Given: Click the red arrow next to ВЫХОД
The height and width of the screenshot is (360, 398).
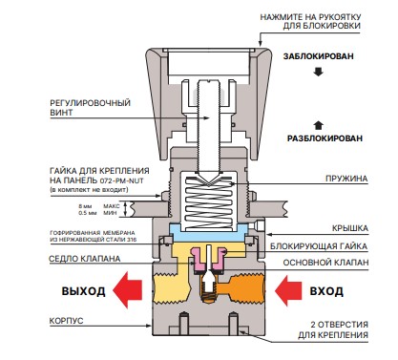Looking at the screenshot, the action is tap(127, 290).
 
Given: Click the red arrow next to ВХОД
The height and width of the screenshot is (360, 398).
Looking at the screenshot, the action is tap(288, 290).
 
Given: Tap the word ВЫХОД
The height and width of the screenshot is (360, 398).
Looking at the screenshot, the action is tap(83, 291).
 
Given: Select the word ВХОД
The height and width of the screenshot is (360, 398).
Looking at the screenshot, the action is tap(326, 291).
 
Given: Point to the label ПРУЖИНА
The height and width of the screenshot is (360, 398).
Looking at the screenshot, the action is tap(346, 179).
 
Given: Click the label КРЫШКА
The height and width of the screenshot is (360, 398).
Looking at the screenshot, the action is tap(350, 228).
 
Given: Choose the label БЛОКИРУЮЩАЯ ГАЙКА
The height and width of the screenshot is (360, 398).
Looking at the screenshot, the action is tap(319, 246).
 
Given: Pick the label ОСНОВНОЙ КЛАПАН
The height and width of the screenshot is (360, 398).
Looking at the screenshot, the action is tap(326, 263).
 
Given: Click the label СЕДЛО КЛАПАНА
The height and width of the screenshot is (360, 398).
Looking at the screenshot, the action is tap(85, 259).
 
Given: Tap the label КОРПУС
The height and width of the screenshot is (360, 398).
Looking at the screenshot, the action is tap(66, 321).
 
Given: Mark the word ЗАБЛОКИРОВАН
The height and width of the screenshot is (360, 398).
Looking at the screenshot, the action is tap(319, 56).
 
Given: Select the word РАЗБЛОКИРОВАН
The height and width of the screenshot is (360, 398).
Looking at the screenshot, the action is tap(325, 138).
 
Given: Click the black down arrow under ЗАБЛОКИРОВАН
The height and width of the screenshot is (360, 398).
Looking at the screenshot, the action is tap(318, 72).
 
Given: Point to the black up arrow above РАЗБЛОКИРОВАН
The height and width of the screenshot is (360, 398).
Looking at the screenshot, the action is tap(319, 125).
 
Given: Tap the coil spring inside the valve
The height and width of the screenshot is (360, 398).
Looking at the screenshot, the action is tap(209, 202).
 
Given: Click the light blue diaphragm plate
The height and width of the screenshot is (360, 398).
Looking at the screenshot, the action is tap(209, 233).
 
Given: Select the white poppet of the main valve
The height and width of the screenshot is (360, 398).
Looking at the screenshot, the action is tap(208, 280).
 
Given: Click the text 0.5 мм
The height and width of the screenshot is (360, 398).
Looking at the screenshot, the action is tap(88, 213).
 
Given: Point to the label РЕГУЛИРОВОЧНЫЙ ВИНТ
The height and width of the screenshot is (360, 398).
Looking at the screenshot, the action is tap(90, 108).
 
